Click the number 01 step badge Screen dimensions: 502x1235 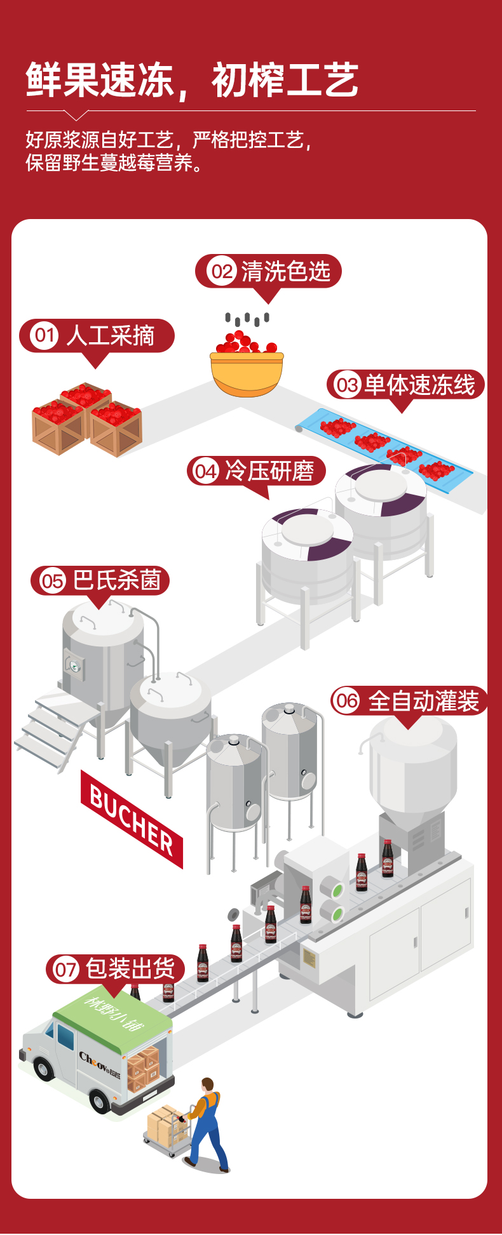[x=44, y=335]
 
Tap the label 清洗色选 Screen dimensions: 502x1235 [x=285, y=272]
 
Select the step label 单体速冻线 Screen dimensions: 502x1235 [x=419, y=385]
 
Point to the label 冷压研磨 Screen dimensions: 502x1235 [x=269, y=471]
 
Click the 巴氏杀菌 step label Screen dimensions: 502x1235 [x=117, y=580]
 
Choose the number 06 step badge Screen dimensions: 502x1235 [x=346, y=701]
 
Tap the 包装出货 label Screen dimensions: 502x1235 [x=130, y=969]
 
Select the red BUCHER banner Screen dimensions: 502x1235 [x=132, y=818]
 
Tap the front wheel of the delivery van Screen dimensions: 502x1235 [x=100, y=1100]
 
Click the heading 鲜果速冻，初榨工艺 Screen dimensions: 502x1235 [x=192, y=81]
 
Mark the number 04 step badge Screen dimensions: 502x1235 [x=205, y=471]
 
